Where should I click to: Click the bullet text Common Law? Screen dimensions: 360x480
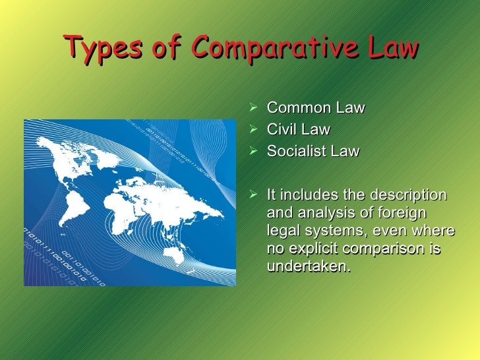[315, 108]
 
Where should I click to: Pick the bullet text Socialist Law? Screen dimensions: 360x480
[313, 152]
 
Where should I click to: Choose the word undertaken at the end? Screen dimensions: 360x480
[306, 267]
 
